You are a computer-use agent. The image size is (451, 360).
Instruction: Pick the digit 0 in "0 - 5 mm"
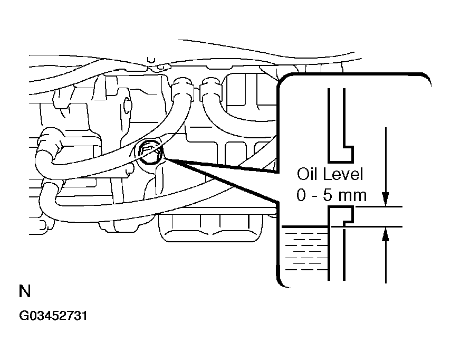(301, 195)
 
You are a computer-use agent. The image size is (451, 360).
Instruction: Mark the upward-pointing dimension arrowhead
(386, 235)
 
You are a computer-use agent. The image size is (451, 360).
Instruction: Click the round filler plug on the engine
(150, 153)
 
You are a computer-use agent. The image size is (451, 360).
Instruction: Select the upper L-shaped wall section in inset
(338, 127)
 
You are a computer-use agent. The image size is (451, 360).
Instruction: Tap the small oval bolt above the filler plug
(127, 106)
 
